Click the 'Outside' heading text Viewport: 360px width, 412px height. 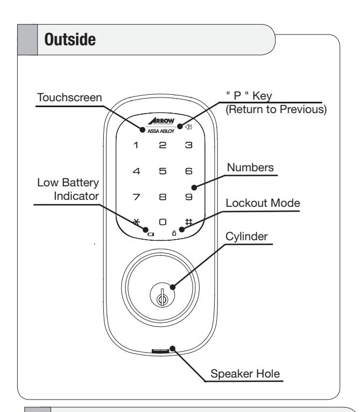(x=70, y=39)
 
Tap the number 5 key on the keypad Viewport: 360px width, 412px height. (x=163, y=171)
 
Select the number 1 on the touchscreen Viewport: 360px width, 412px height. (x=136, y=145)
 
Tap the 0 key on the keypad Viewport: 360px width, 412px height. (x=163, y=222)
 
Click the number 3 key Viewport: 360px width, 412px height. (x=189, y=145)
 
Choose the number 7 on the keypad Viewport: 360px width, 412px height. (x=136, y=197)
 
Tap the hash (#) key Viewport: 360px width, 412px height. (x=189, y=222)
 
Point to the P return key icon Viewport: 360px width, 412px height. (x=188, y=127)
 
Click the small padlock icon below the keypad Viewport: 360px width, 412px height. (x=174, y=233)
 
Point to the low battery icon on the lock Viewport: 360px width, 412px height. (x=151, y=234)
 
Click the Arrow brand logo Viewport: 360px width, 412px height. (x=161, y=121)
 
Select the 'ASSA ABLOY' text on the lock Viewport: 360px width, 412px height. (x=161, y=131)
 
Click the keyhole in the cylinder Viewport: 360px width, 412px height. (x=163, y=299)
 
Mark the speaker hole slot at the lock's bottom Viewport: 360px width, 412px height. (x=160, y=351)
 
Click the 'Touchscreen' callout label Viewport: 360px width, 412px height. (x=69, y=97)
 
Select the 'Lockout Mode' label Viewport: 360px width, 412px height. (x=263, y=203)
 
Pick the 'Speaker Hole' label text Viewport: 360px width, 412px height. (x=245, y=374)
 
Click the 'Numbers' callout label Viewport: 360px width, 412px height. (x=250, y=167)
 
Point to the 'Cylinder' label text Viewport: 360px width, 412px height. (x=246, y=237)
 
